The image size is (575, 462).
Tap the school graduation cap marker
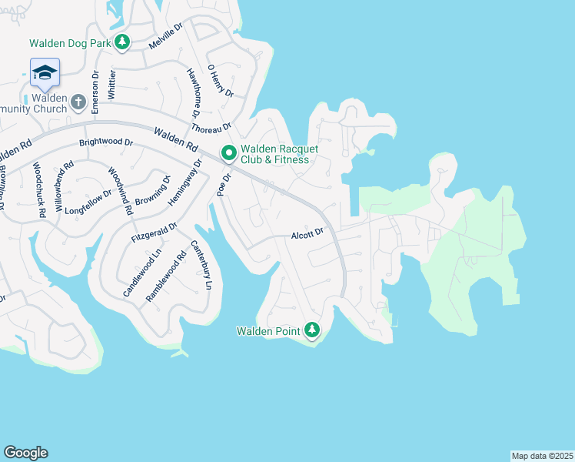point(45,72)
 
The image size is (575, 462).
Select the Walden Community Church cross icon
point(78,102)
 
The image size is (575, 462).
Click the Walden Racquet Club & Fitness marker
point(228,153)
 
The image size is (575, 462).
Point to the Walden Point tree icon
point(311,330)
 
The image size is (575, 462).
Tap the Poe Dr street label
point(224,186)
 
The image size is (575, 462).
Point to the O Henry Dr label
point(220,80)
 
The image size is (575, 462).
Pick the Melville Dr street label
point(165,36)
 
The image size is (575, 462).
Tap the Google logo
point(25,453)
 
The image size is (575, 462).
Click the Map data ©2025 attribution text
point(541,456)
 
